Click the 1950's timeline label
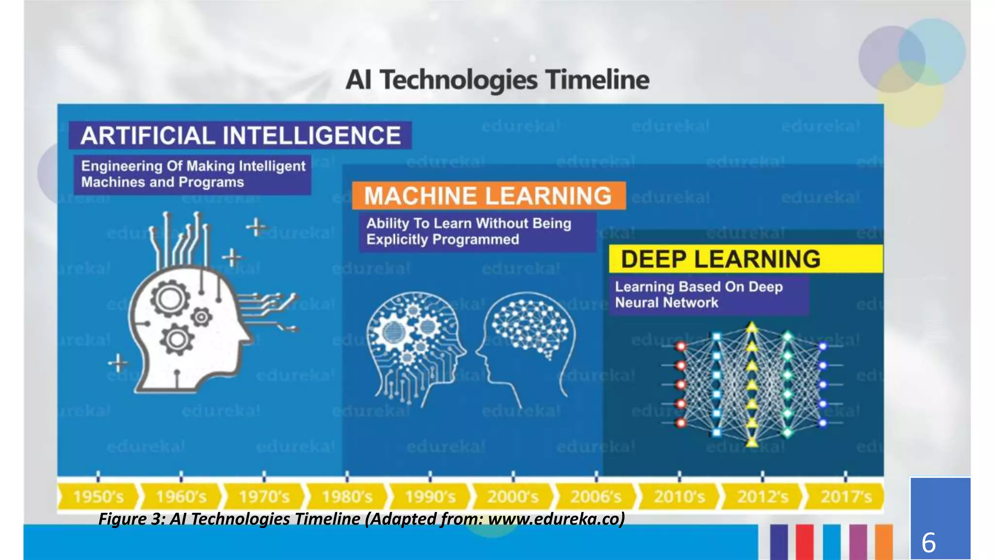coord(99,497)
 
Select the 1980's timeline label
coord(347,497)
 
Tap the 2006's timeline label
coord(596,497)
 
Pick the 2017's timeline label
coord(846,497)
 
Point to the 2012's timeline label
coord(762,497)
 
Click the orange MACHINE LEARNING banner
coord(488,196)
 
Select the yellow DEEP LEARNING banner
coord(745,259)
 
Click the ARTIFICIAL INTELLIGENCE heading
coord(240,136)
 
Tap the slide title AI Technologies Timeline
coord(497,80)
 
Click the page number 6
coord(928,542)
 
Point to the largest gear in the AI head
coord(170,298)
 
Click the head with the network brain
coord(527,340)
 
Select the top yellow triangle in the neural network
coord(752,328)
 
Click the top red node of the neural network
coord(681,346)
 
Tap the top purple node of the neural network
coord(823,347)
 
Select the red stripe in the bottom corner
coord(805,542)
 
